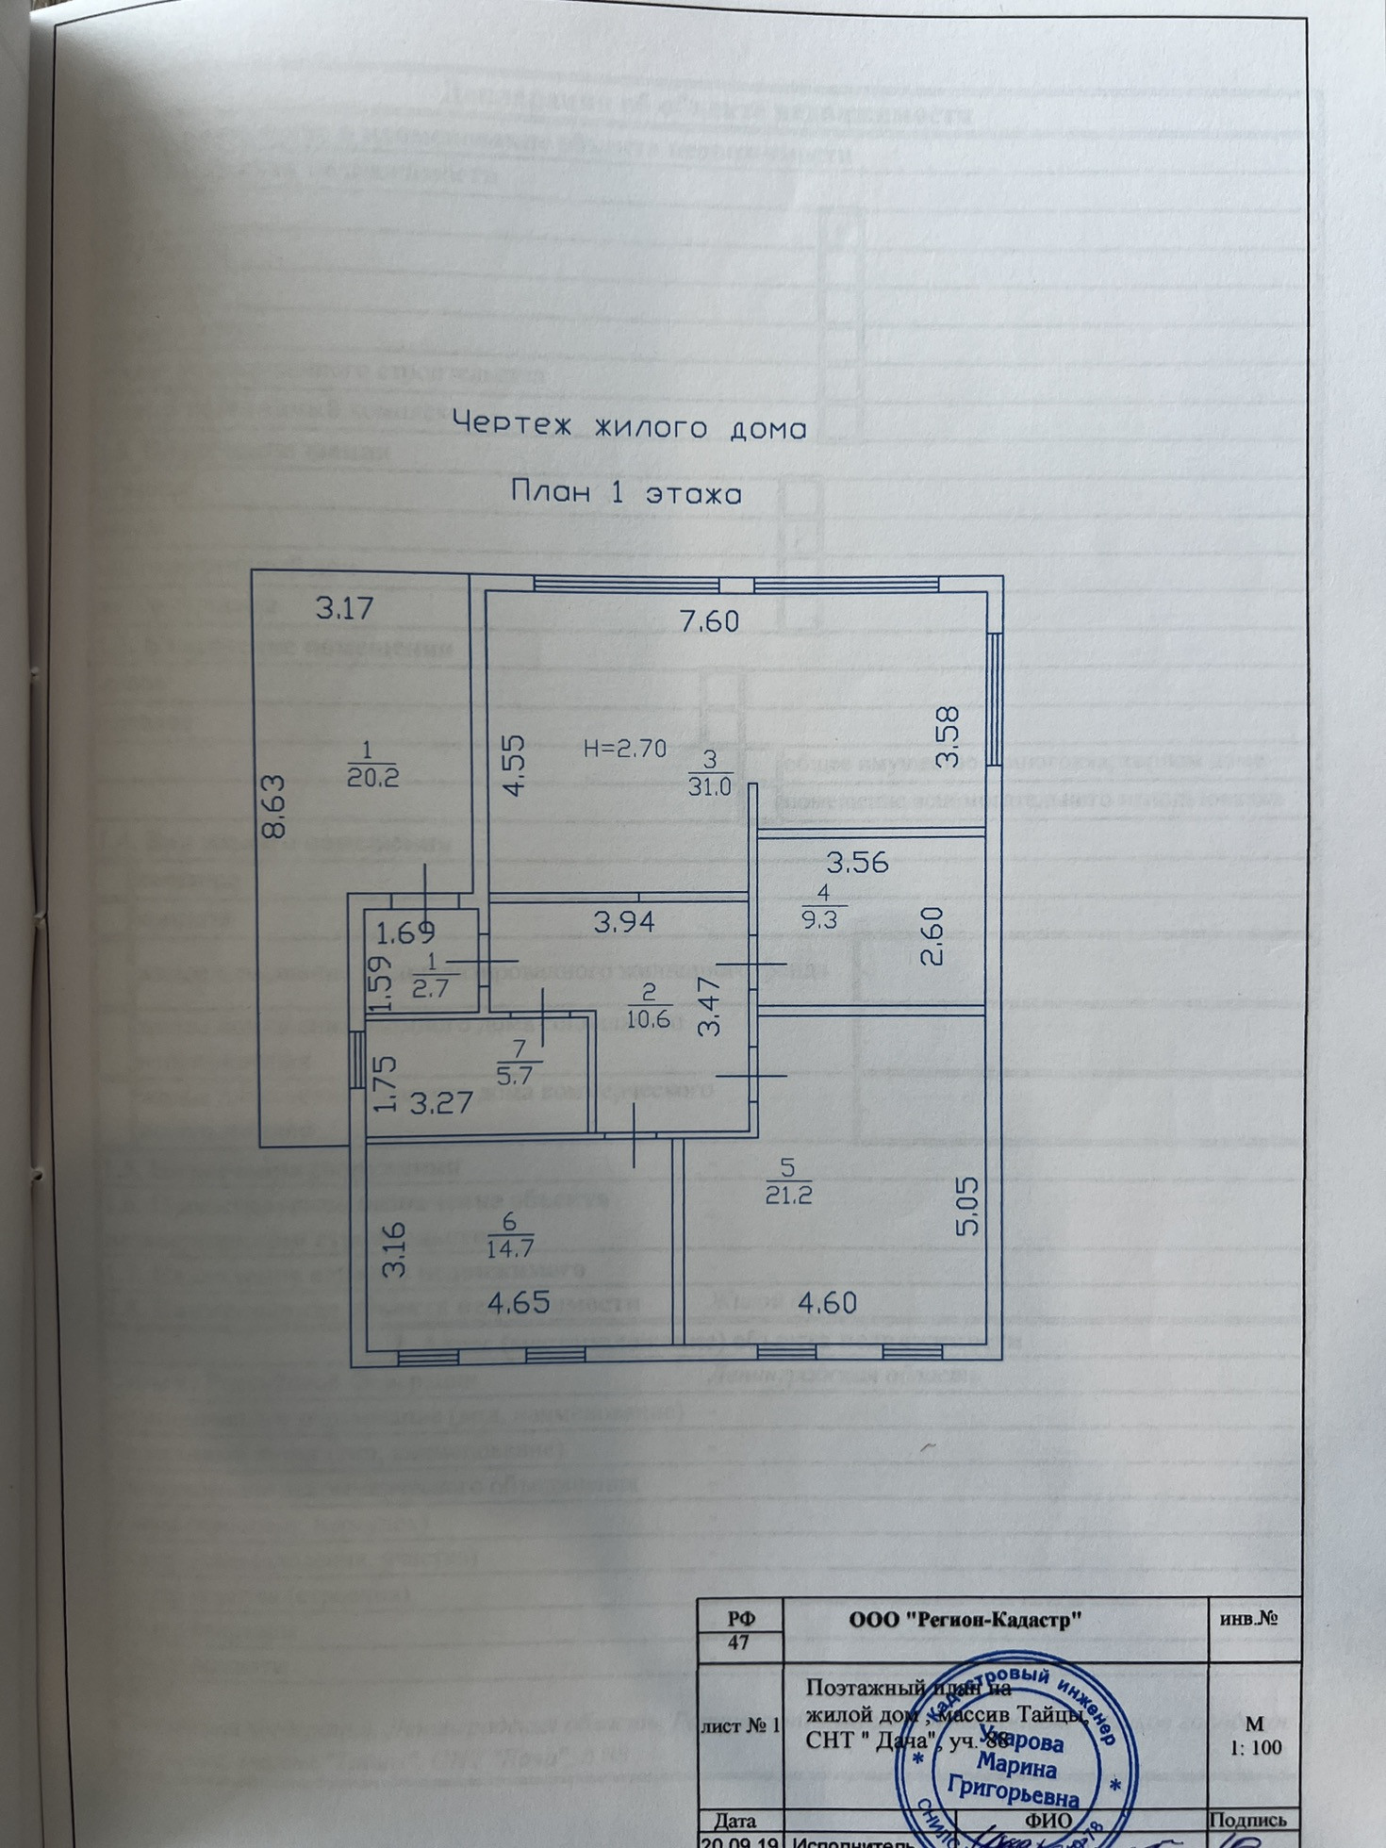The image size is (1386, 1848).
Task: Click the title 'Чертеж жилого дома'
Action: point(630,428)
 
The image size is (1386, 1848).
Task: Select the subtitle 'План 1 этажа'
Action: point(626,493)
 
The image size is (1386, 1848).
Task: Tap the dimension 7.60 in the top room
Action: point(709,620)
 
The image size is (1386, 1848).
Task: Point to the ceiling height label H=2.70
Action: point(625,749)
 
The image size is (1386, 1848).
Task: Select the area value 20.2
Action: point(371,778)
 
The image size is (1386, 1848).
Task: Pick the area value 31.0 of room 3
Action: point(709,786)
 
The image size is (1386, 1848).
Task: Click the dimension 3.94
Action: point(624,921)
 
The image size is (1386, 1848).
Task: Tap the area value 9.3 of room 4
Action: point(820,919)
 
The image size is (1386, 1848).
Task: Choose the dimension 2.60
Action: point(930,935)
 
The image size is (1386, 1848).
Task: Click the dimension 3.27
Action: point(440,1102)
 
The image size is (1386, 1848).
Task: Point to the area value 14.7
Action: point(510,1248)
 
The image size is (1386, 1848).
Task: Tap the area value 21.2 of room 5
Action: point(788,1196)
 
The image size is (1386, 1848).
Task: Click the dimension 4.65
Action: point(519,1302)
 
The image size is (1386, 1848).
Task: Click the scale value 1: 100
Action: point(1256,1747)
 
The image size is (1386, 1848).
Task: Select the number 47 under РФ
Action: point(738,1642)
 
